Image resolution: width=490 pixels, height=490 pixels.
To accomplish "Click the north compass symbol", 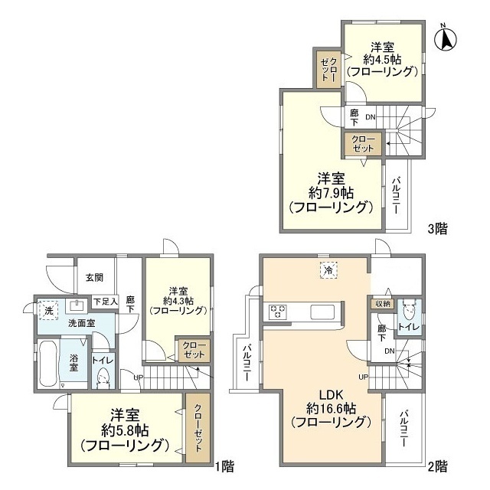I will (x=447, y=35).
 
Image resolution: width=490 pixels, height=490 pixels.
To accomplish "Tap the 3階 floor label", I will (x=438, y=227).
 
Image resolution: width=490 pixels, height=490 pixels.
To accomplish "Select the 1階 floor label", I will (x=224, y=465).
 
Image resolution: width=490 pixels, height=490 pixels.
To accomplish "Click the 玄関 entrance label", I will (x=94, y=277).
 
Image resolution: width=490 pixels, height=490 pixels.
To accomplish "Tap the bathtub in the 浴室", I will (x=47, y=364).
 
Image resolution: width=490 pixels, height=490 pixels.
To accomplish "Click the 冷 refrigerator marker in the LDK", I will (x=328, y=269).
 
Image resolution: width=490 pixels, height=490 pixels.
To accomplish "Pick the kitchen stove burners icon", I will (x=277, y=312).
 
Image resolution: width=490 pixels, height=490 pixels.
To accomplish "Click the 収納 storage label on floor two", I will (x=382, y=304).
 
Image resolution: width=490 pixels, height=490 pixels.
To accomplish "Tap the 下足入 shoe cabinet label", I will (x=106, y=301).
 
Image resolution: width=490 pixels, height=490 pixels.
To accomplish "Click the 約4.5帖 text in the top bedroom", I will (x=382, y=59).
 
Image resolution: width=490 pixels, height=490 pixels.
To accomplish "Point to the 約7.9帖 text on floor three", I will (x=332, y=191).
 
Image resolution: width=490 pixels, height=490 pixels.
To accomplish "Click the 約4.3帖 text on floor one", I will (x=178, y=301).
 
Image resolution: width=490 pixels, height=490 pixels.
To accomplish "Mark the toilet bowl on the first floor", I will (x=103, y=377).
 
